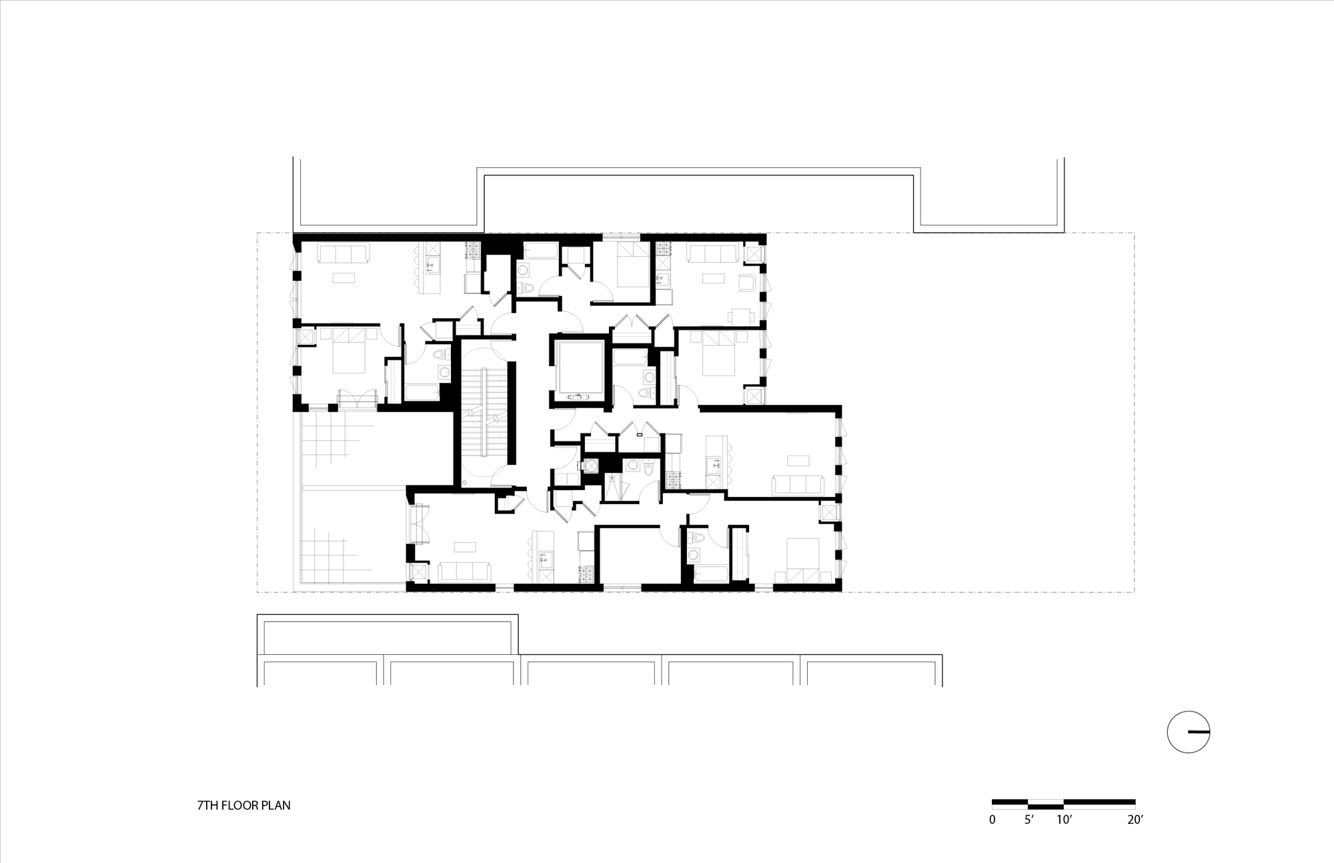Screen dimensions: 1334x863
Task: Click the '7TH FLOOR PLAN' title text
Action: (x=243, y=805)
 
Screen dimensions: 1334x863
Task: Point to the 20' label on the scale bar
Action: (x=1135, y=819)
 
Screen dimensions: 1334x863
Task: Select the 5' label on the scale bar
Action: (x=1029, y=819)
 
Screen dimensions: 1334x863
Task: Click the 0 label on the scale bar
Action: (x=992, y=819)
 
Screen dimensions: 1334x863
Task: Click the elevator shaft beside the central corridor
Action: (x=578, y=371)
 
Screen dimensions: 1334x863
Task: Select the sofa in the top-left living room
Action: (x=343, y=254)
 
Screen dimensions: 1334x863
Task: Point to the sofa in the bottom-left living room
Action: (x=464, y=572)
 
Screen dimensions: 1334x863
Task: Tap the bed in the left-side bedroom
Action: (x=349, y=349)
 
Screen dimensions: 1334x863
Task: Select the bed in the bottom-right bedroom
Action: (x=803, y=561)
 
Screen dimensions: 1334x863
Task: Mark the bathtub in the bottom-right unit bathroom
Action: (x=712, y=574)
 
